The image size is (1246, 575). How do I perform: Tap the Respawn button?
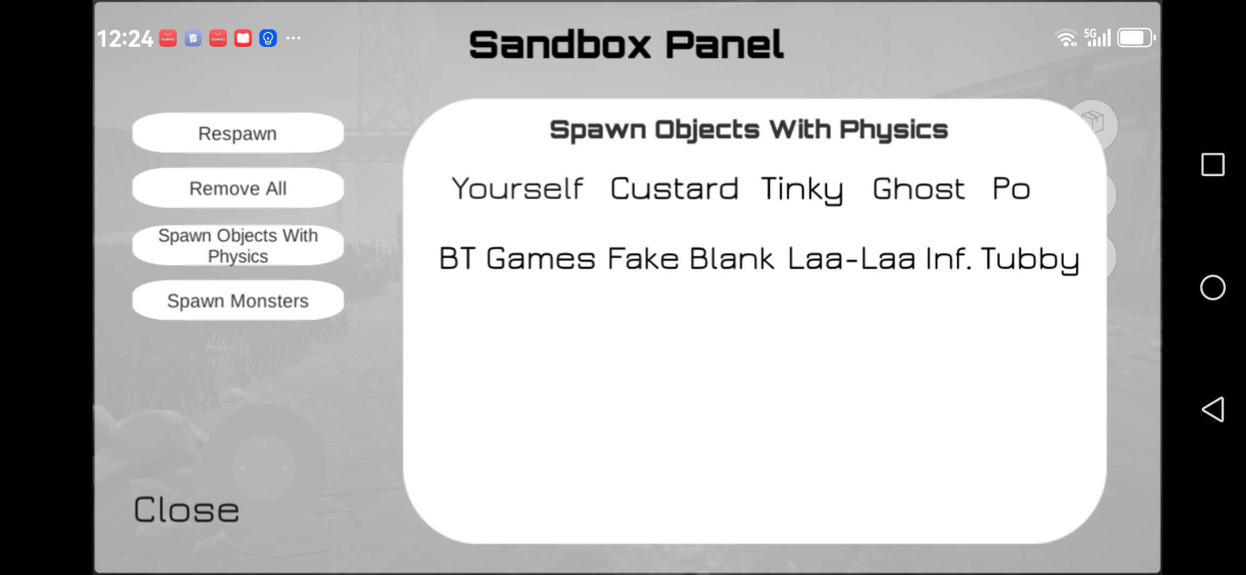coord(238,133)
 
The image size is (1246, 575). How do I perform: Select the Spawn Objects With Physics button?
coord(238,245)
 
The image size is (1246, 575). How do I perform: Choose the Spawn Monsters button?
coord(238,301)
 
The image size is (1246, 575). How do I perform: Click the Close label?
coord(186,510)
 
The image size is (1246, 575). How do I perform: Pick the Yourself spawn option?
coord(518,188)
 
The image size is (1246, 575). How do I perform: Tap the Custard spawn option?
coord(674,188)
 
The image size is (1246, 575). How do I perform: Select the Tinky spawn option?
coord(802,190)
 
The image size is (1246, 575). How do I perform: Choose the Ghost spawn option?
coord(919,188)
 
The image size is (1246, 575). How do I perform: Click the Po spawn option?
coord(1011,188)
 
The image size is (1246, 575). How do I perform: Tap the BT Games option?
coord(517,259)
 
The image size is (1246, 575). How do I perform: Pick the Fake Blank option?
coord(691,259)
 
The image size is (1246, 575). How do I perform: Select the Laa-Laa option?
coord(851,259)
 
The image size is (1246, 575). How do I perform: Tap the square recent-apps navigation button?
coord(1213,165)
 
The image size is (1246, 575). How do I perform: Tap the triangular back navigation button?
coord(1213,409)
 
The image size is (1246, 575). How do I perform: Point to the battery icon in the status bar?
coord(1136,38)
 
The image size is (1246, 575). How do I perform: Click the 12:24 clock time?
coord(125,39)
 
